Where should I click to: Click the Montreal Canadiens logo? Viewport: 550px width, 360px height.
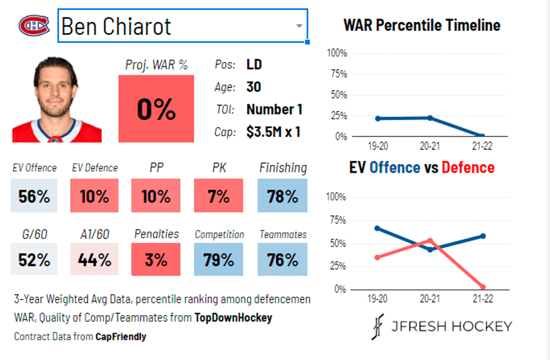click(34, 25)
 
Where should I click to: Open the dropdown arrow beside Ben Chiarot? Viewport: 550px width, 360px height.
click(299, 26)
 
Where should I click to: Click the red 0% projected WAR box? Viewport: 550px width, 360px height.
click(156, 109)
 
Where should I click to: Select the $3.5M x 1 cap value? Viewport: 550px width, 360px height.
click(273, 132)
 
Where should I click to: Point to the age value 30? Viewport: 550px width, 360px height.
click(254, 87)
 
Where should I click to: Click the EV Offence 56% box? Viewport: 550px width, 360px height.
click(34, 196)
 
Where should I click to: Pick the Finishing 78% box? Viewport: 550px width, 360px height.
click(282, 196)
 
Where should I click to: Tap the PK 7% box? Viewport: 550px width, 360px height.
click(218, 196)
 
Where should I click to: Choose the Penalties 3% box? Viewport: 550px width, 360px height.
click(155, 260)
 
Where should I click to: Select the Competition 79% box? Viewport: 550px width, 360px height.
click(218, 260)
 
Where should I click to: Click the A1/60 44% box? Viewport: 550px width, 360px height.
click(94, 260)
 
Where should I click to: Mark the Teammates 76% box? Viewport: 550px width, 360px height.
click(282, 260)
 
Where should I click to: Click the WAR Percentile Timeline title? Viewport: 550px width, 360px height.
click(421, 25)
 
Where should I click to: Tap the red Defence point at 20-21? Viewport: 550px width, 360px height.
click(430, 240)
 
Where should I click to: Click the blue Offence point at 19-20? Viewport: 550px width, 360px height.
click(377, 228)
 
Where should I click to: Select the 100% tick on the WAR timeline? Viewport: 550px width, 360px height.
click(337, 53)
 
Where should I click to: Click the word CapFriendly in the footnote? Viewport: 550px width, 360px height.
click(121, 336)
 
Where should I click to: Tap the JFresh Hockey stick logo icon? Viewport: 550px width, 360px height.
click(377, 326)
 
